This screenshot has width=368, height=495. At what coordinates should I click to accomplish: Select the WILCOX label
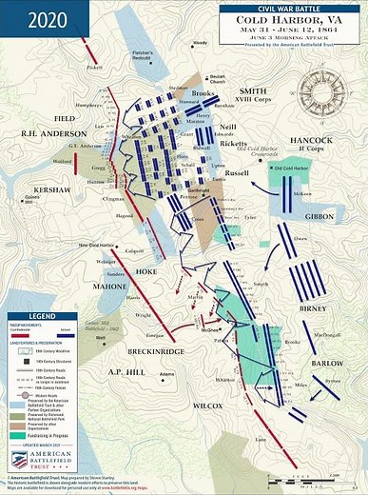[206, 406]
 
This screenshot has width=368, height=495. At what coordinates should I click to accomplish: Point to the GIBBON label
[319, 218]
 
